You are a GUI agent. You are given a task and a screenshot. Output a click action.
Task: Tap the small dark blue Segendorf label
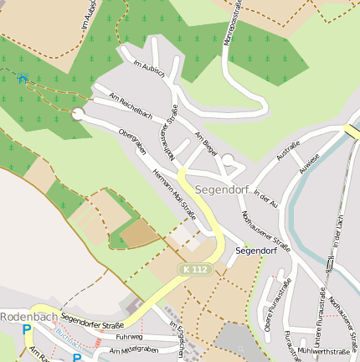coord(256,251)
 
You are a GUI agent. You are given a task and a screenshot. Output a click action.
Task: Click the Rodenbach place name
coord(29,317)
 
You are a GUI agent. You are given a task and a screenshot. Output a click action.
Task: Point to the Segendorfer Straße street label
coord(92,321)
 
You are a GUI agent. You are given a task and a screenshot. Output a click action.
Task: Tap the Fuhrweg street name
coord(130,337)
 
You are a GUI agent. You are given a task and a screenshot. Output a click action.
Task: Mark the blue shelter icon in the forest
coord(23,78)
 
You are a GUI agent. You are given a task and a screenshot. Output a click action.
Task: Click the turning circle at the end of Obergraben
coord(79,114)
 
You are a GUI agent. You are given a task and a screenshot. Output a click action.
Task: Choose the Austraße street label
coord(288,154)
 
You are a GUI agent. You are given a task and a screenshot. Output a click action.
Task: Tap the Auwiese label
coord(309,162)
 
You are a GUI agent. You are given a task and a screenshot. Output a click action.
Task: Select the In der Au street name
coord(265,199)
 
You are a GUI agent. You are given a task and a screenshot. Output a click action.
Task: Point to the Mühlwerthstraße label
coord(323,351)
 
